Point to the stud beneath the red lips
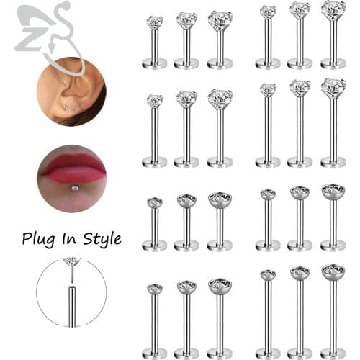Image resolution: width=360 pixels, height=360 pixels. tap(73, 189)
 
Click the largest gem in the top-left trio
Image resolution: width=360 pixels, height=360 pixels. tap(220, 19)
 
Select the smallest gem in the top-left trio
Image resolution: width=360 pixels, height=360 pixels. tap(155, 22)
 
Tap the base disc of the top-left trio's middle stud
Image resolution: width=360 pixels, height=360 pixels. tap(186, 63)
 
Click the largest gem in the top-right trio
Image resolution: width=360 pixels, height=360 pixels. tap(332, 9)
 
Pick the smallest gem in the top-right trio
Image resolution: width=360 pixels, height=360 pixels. tap(268, 12)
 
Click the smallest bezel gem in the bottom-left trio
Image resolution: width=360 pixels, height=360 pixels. tap(154, 289)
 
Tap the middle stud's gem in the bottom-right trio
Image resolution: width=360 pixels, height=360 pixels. tap(300, 273)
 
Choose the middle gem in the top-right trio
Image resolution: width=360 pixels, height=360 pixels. tap(300, 10)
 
